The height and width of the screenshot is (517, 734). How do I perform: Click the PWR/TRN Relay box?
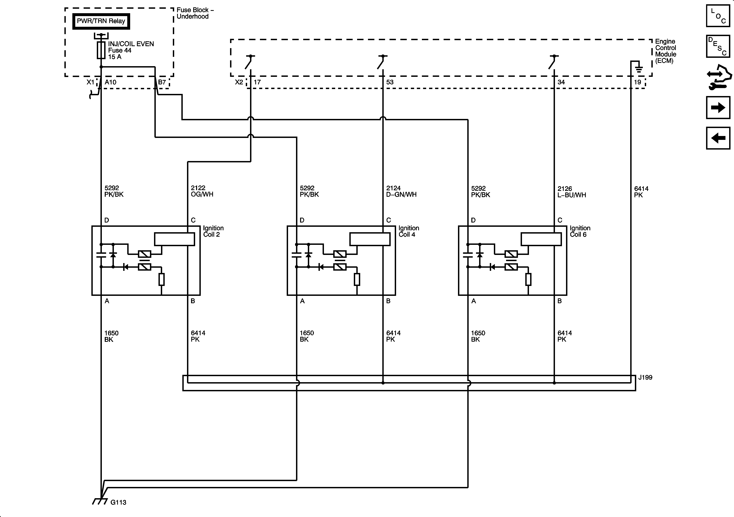tap(101, 21)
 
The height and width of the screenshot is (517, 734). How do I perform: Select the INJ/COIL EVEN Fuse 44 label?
tap(131, 50)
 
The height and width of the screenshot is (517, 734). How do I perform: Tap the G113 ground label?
tap(118, 502)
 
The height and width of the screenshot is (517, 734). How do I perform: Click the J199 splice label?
tap(645, 377)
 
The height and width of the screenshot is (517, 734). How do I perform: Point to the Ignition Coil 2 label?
tap(213, 231)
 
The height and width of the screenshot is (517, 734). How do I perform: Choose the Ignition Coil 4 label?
tap(409, 231)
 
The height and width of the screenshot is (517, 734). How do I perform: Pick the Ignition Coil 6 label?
tap(580, 231)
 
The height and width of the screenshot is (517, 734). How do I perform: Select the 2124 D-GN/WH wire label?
tap(401, 191)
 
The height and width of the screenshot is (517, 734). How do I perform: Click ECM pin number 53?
tap(390, 82)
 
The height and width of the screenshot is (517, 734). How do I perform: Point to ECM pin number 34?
tap(561, 82)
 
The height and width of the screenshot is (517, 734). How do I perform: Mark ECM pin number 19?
tap(637, 82)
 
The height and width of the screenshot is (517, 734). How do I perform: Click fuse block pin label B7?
tap(162, 82)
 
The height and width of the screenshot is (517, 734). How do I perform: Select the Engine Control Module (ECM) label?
tap(666, 51)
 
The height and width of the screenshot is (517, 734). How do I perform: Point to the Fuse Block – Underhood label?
tap(195, 13)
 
